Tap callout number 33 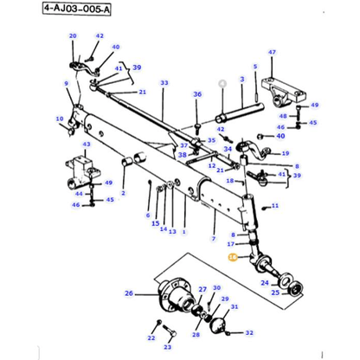coord(164,82)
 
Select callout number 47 coord(271,54)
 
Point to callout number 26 coord(130,293)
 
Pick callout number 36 coord(196,95)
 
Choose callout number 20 coord(73,35)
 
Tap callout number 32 coord(249,332)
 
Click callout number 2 coord(123,193)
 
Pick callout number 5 coord(255,67)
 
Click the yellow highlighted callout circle coord(232,257)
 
